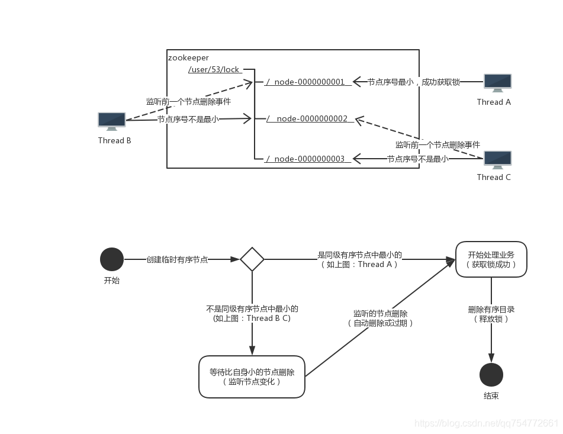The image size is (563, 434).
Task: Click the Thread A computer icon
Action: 497,83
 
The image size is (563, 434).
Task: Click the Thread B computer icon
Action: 112,121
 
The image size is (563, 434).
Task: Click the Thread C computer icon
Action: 497,160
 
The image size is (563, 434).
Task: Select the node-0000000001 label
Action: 309,82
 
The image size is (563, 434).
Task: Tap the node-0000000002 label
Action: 312,118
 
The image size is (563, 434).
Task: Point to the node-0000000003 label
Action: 309,159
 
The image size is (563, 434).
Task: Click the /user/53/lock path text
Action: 214,70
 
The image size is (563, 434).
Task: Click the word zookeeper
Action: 188,57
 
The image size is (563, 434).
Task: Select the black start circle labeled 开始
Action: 112,259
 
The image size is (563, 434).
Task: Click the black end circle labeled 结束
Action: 491,375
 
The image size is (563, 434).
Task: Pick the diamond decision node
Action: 252,259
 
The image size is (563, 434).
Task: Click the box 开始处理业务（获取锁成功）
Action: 491,259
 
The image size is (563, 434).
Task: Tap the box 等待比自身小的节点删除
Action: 252,377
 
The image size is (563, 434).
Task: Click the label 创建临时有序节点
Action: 177,259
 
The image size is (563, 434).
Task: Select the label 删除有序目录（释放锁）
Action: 491,314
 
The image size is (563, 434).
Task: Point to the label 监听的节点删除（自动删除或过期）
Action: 380,319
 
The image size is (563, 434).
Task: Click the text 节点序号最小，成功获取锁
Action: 413,82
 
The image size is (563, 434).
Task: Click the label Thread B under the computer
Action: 114,140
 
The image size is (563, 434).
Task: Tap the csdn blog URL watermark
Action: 487,423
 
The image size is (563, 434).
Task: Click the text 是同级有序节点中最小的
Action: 359,255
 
